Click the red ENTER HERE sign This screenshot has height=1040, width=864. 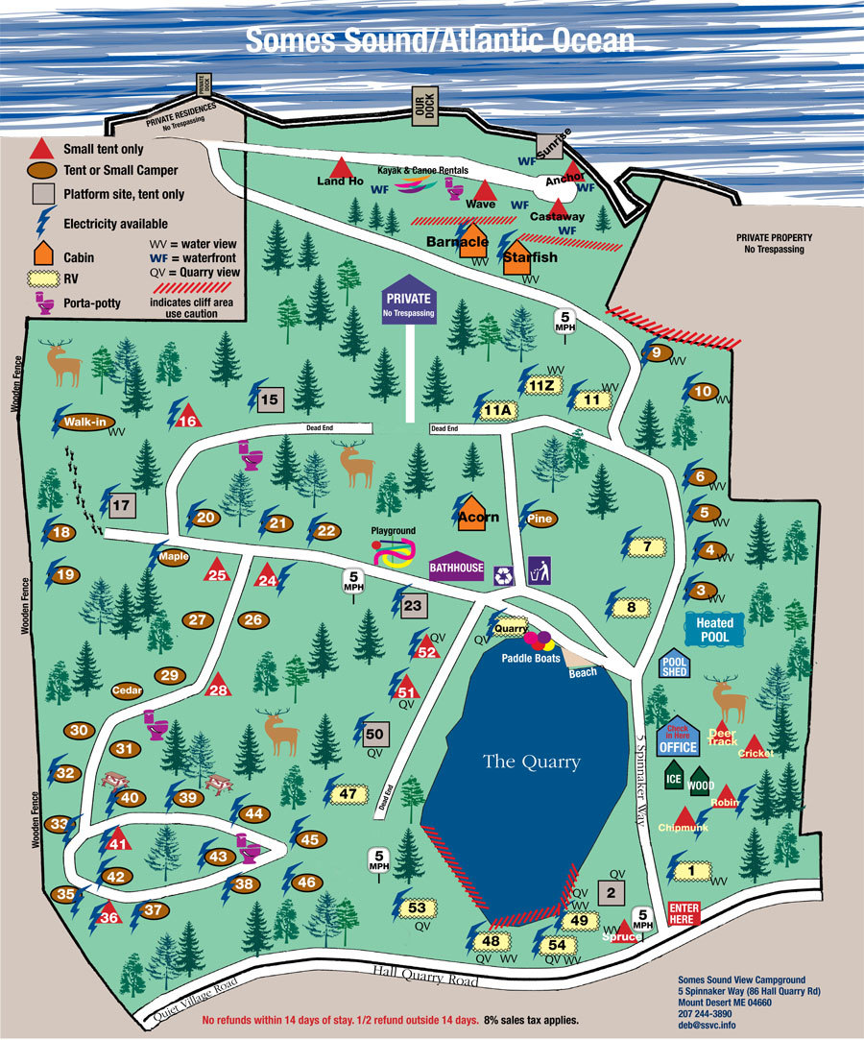(684, 913)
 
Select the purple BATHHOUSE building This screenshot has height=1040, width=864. (457, 567)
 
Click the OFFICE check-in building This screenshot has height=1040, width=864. (678, 737)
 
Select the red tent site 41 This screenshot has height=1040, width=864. (118, 841)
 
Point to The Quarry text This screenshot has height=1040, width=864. (532, 762)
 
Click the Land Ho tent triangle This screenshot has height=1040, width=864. (341, 167)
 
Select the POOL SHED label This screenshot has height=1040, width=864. (674, 665)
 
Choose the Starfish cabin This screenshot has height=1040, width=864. (521, 255)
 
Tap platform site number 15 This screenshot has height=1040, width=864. (269, 399)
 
